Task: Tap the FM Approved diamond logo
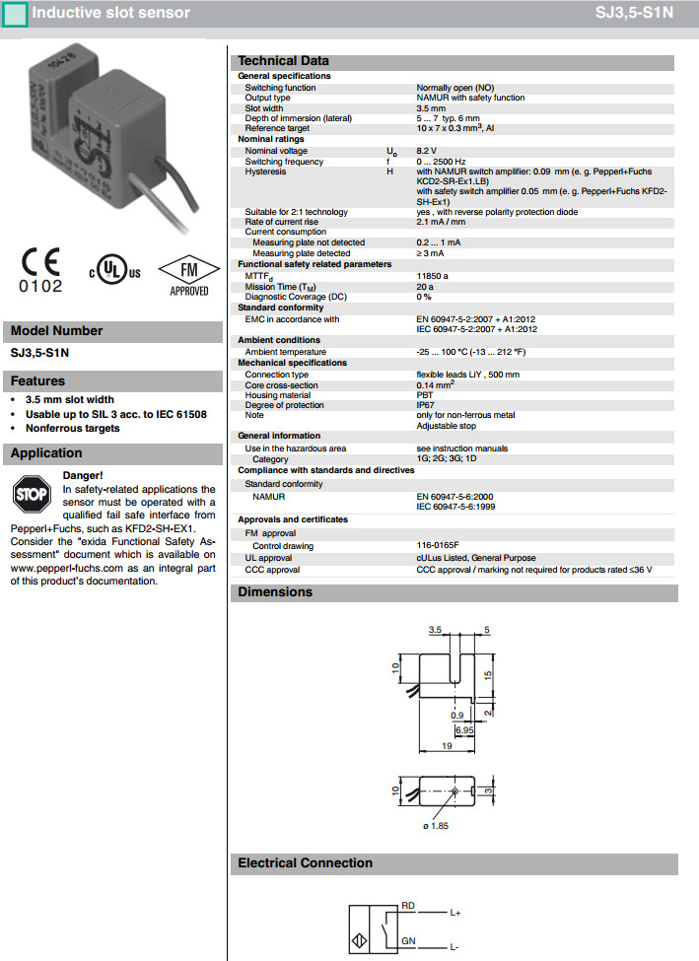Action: (189, 273)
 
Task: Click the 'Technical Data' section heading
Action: (283, 61)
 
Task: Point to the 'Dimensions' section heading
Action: (275, 592)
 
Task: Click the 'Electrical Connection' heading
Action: (305, 863)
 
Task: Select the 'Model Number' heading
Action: (56, 331)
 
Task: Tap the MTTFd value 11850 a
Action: (432, 276)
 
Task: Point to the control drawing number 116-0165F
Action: (438, 545)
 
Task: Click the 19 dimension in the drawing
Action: (447, 747)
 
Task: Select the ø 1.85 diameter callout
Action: (435, 825)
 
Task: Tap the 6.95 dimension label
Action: (463, 729)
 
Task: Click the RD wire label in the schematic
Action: (407, 905)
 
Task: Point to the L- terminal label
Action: (454, 947)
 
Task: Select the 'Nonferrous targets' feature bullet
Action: (72, 428)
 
